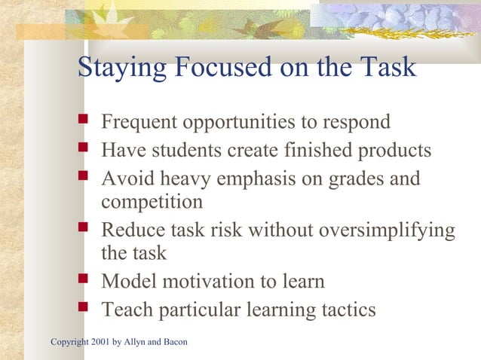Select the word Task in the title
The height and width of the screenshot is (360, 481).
[x=385, y=68]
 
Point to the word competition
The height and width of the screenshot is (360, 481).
[x=152, y=203]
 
